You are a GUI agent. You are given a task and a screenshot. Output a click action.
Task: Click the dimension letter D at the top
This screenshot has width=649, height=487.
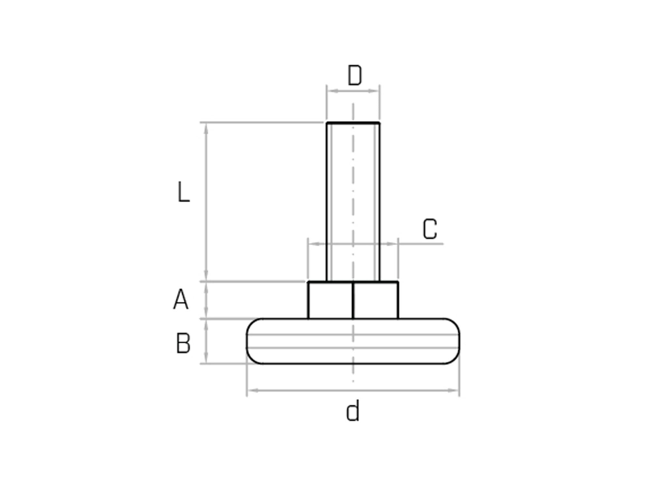tap(354, 76)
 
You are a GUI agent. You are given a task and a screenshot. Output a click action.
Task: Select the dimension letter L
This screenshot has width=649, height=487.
tap(184, 192)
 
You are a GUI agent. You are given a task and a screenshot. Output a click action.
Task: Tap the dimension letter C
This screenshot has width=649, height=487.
tap(430, 229)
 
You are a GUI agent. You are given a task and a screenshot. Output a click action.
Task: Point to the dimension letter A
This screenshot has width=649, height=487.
tap(181, 300)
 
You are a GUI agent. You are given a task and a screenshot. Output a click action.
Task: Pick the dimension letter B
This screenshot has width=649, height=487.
tap(183, 343)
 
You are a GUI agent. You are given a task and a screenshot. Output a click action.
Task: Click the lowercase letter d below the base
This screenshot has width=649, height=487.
tap(353, 411)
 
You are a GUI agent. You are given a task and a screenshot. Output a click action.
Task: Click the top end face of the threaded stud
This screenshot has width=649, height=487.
tap(353, 123)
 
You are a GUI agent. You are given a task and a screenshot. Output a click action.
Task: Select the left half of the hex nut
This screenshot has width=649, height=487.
tap(330, 301)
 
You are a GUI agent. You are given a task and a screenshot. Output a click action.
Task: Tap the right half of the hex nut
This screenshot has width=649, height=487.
tap(376, 301)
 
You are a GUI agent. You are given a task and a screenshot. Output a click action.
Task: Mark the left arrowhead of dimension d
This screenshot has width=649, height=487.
tap(253, 391)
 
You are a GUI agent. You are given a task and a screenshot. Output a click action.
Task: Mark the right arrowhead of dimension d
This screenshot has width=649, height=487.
tap(454, 391)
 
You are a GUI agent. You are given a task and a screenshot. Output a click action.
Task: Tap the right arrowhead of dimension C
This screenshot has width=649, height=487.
tap(393, 244)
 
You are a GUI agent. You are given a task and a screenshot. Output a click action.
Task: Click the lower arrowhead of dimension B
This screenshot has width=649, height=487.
tap(206, 359)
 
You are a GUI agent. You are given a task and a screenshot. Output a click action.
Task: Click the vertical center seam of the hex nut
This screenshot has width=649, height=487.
tap(353, 301)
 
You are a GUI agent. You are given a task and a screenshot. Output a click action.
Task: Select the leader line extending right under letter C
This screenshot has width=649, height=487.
tap(422, 244)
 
